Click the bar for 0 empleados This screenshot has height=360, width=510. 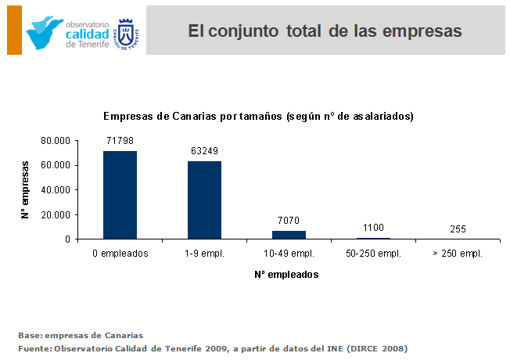(120, 195)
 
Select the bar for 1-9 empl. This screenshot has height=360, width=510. (204, 200)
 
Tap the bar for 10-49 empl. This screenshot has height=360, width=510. (289, 235)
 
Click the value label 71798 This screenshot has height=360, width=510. (120, 140)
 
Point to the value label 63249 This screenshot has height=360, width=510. (204, 150)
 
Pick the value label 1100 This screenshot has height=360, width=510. (373, 227)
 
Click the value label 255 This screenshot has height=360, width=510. (458, 229)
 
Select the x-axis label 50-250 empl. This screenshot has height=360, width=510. (373, 254)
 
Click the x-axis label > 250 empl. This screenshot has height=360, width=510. (458, 254)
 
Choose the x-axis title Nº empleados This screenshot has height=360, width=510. (286, 275)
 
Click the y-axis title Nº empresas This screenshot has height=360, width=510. (26, 189)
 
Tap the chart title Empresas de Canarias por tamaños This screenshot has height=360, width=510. (258, 116)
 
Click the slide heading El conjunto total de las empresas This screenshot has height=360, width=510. (325, 31)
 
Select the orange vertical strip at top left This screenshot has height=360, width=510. (13, 29)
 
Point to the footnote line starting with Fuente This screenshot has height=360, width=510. (213, 347)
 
